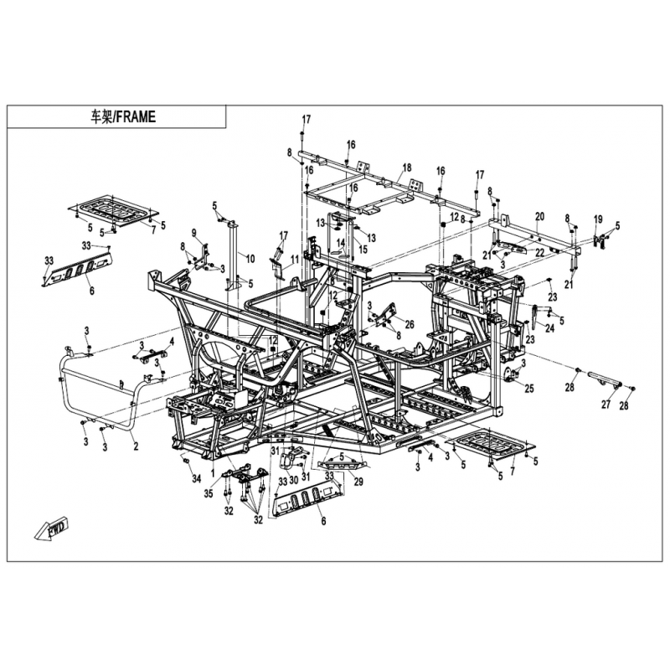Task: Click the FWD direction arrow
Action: coord(53,530)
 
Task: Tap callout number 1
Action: coord(213,474)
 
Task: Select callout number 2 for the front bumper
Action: coord(136,447)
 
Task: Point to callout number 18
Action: coord(406,167)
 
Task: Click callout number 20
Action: coord(539,217)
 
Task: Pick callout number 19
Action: coord(598,219)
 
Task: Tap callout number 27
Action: coord(606,404)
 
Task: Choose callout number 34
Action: coord(196,479)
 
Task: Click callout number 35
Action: coord(208,494)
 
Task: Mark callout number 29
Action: coord(358,482)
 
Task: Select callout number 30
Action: coord(294,480)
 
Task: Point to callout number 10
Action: coord(250,259)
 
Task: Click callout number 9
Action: coord(193,233)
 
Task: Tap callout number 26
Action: coord(410,325)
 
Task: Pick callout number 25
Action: coord(529,389)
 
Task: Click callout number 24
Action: coord(549,327)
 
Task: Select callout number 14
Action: coord(340,243)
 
